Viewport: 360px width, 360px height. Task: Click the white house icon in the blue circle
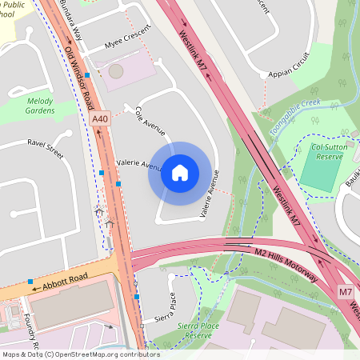click(180, 173)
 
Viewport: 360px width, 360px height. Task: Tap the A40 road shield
click(100, 119)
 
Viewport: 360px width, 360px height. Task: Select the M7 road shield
click(345, 292)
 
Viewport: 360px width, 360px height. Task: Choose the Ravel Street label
click(45, 147)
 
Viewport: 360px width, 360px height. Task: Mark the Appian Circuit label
click(289, 65)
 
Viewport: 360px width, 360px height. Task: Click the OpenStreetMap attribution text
click(80, 354)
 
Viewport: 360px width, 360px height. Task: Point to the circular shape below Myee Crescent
click(116, 71)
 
